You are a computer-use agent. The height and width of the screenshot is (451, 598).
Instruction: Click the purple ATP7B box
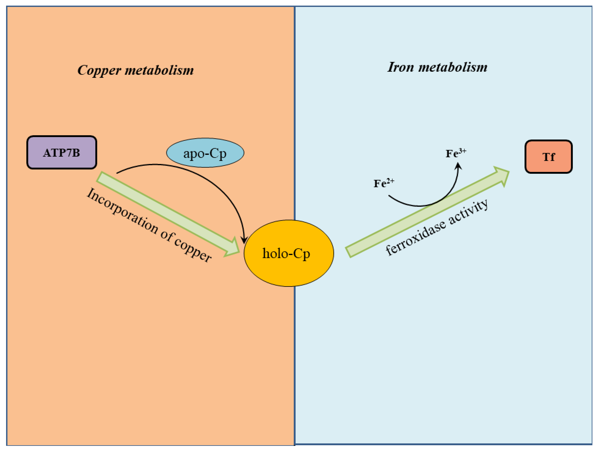click(62, 153)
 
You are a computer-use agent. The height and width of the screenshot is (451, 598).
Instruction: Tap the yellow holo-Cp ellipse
click(288, 253)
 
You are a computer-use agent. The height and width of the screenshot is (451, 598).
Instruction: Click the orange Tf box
click(548, 157)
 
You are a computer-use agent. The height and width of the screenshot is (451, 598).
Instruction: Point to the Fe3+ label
click(456, 153)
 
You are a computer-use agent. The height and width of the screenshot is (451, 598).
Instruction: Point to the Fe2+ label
click(384, 183)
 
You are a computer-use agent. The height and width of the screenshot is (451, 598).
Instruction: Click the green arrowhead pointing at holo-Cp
click(233, 247)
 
